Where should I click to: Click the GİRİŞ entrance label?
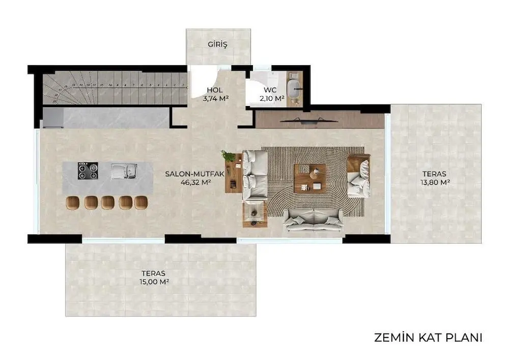tap(217, 44)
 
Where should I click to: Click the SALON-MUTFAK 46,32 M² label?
tap(195, 177)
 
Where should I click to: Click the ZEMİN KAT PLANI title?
tap(428, 338)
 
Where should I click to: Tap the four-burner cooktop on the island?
tap(88, 171)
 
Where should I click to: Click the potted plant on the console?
tap(229, 156)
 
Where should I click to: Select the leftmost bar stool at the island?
tap(73, 202)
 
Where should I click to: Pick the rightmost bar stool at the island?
tap(140, 202)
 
